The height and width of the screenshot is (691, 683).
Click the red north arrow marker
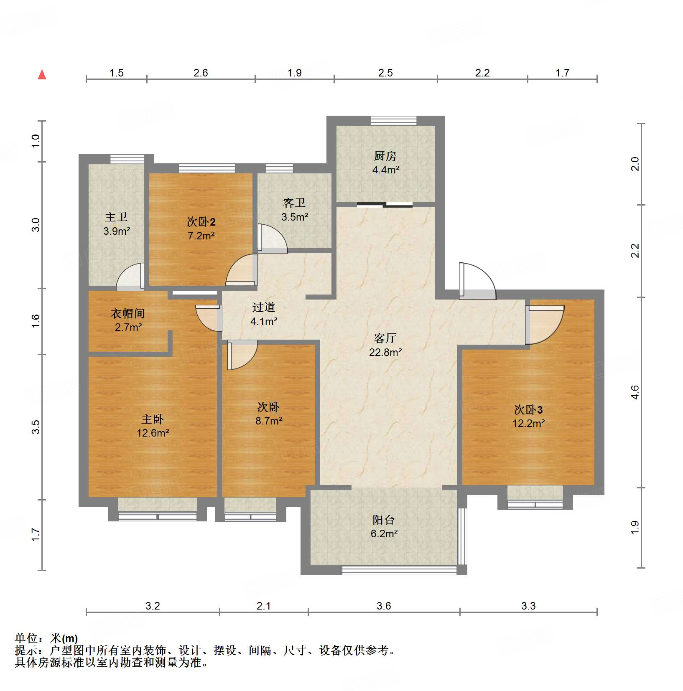pyautogui.click(x=42, y=75)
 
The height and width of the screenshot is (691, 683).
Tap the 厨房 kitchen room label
pyautogui.click(x=385, y=156)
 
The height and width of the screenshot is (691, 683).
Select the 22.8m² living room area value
pyautogui.click(x=385, y=352)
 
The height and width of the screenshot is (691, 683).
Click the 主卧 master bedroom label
pyautogui.click(x=152, y=419)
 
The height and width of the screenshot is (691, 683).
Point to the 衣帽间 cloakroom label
pyautogui.click(x=128, y=313)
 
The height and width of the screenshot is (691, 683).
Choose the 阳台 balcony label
pyautogui.click(x=383, y=520)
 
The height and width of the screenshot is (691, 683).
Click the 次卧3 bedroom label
pyautogui.click(x=528, y=409)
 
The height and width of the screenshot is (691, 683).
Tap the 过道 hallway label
pyautogui.click(x=263, y=307)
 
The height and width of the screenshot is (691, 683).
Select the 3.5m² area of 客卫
pyautogui.click(x=294, y=217)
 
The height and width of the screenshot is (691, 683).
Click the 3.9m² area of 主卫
pyautogui.click(x=117, y=231)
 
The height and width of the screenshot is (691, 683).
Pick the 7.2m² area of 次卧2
pyautogui.click(x=201, y=236)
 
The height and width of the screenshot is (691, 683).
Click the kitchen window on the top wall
pyautogui.click(x=393, y=120)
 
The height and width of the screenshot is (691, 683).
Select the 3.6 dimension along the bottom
pyautogui.click(x=383, y=606)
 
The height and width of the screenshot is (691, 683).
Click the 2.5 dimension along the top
pyautogui.click(x=385, y=73)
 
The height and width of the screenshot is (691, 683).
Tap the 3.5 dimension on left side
pyautogui.click(x=36, y=426)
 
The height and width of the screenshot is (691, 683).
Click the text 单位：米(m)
pyautogui.click(x=46, y=638)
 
